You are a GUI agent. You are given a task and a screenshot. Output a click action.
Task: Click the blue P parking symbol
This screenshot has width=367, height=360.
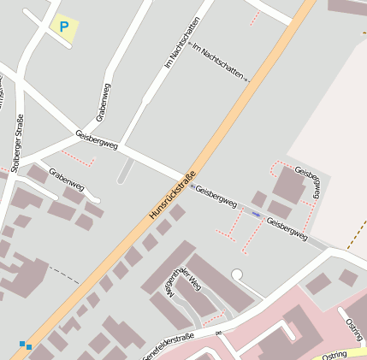(62, 27)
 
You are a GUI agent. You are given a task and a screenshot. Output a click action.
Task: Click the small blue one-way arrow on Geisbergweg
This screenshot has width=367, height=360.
(256, 214)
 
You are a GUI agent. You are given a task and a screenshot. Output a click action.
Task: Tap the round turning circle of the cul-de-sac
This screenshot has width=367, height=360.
(237, 274)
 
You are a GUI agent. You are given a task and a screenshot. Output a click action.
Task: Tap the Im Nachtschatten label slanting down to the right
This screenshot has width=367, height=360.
(218, 62)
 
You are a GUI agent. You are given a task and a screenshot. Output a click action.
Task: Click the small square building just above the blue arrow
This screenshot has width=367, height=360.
(258, 199)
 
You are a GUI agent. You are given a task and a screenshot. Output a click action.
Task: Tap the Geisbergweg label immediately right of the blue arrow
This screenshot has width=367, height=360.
(286, 228)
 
